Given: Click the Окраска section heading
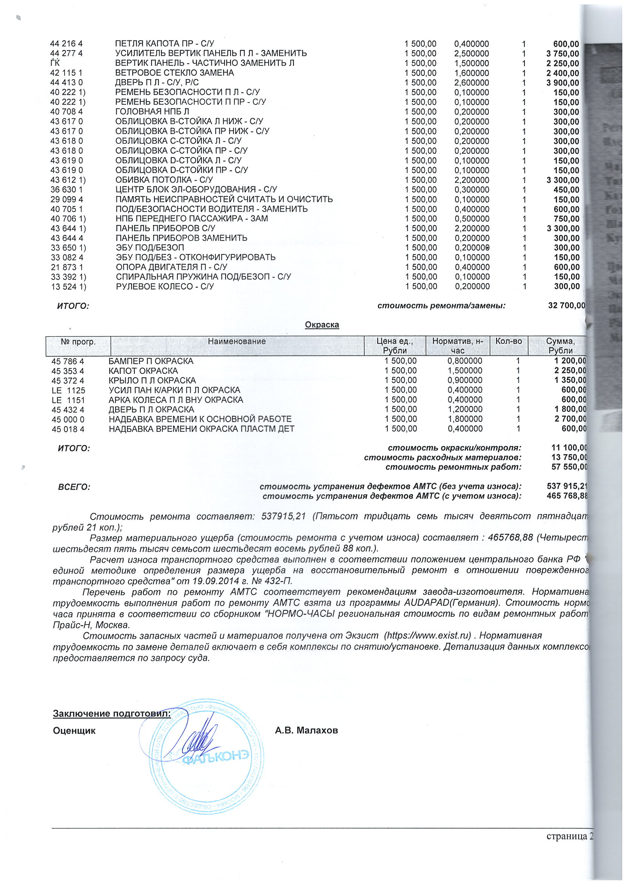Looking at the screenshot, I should click(322, 325).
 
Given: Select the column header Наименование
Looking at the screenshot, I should click(237, 341).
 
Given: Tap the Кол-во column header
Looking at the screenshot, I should click(508, 341).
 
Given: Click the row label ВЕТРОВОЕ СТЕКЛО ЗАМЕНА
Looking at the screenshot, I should click(174, 73).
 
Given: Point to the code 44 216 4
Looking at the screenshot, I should click(66, 44).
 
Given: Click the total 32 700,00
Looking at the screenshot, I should click(566, 305).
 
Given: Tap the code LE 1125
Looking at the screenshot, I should click(68, 390).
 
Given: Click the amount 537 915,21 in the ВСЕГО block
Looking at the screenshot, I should click(567, 487).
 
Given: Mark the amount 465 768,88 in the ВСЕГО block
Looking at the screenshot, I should click(567, 496).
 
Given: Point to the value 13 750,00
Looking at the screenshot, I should click(569, 457).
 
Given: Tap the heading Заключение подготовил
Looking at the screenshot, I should click(111, 713).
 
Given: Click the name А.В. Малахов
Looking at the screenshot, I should click(306, 731).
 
